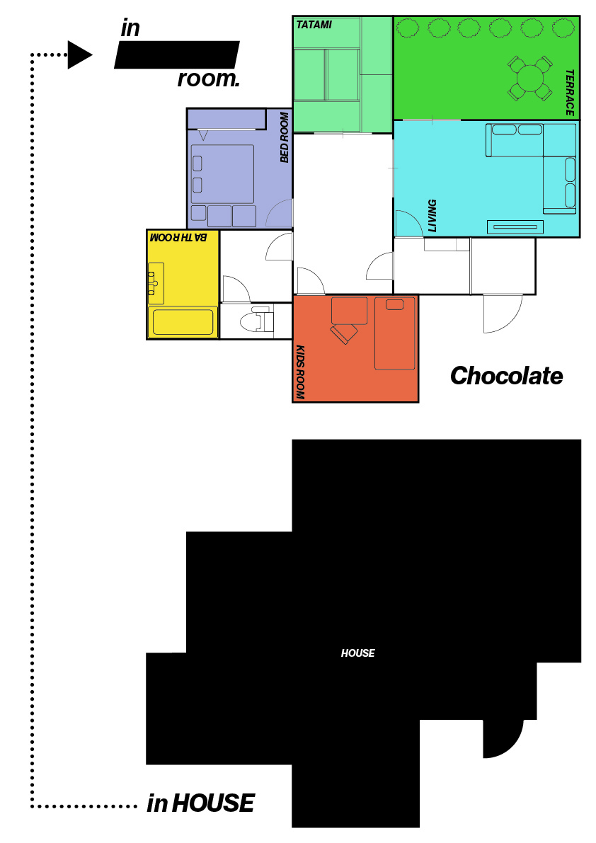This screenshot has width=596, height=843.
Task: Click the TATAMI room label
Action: [314, 25]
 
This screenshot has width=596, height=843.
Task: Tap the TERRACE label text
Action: [570, 93]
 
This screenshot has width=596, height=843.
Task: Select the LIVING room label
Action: [432, 216]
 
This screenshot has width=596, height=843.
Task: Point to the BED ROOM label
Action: [285, 137]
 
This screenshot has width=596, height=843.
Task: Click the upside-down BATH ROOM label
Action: [178, 237]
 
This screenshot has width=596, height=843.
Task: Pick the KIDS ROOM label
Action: [300, 372]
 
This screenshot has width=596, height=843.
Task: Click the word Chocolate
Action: [506, 376]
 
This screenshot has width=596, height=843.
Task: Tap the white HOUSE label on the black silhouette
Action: [358, 653]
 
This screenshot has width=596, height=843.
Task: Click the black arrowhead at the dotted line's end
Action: [80, 55]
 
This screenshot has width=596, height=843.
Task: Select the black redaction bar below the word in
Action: [177, 55]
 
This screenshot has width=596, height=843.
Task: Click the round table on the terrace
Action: [530, 79]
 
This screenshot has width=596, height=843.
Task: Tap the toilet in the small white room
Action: [256, 321]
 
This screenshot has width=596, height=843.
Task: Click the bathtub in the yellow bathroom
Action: [183, 322]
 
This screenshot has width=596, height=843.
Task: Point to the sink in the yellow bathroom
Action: [156, 280]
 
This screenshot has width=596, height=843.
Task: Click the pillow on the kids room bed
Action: [394, 305]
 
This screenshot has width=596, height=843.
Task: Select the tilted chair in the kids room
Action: [344, 333]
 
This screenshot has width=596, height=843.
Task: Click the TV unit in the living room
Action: [515, 227]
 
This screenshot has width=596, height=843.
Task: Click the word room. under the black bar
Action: [209, 79]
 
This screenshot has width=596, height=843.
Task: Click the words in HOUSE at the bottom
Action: [200, 803]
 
